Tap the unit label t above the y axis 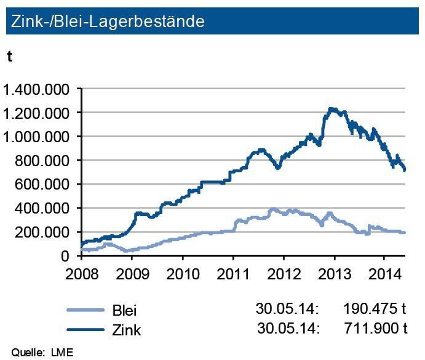click(10, 56)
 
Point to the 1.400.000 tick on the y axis click(36, 90)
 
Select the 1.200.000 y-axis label click(36, 113)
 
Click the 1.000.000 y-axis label click(36, 137)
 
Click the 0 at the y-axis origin click(70, 256)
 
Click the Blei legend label click(124, 310)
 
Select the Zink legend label click(125, 330)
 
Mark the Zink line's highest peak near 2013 click(332, 109)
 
